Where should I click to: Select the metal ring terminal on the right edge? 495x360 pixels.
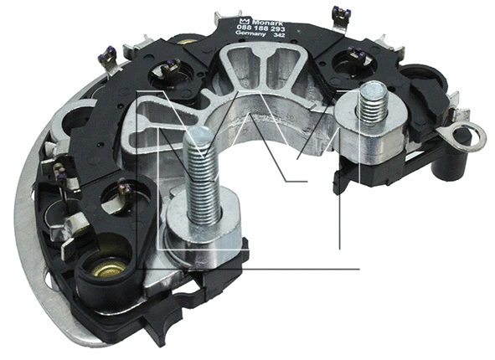point(463,131)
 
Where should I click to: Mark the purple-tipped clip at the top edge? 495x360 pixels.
point(338,13)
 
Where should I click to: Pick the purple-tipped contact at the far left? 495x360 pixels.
point(59,172)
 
